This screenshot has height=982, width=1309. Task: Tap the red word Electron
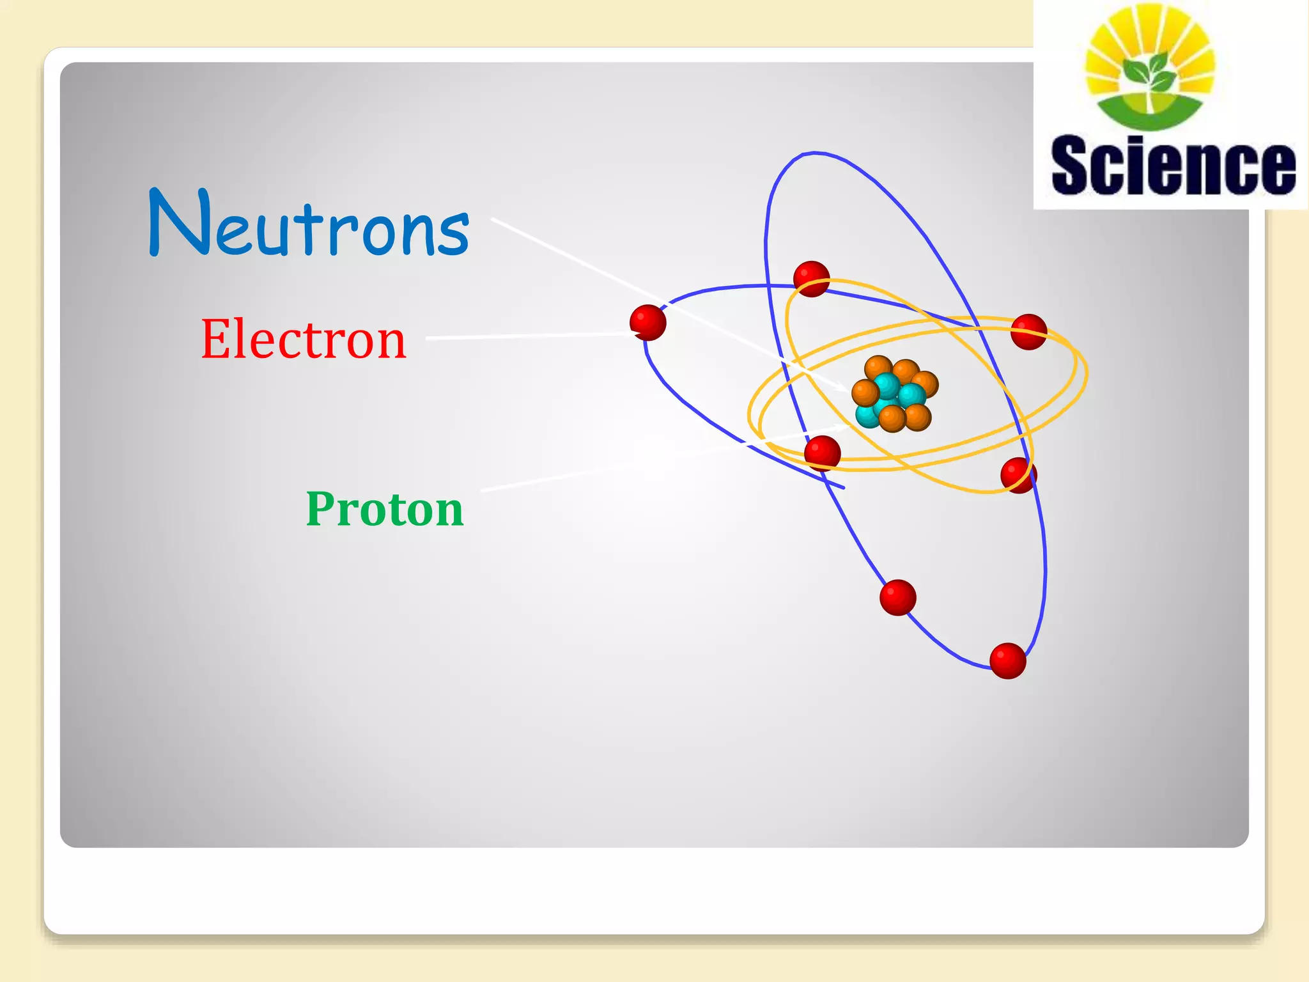(304, 339)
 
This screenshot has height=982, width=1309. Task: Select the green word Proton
(385, 509)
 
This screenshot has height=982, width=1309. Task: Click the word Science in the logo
(1173, 165)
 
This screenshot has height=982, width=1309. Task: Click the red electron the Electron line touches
(648, 323)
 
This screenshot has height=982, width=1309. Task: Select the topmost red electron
(811, 279)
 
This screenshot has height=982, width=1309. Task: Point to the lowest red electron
(1008, 660)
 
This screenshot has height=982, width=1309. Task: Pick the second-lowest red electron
(898, 598)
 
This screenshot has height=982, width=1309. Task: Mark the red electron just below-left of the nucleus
(823, 453)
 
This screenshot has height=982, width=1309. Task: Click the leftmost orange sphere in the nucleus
(865, 393)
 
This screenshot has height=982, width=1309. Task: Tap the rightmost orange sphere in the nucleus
(926, 384)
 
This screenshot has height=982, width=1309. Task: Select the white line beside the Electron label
(524, 336)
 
